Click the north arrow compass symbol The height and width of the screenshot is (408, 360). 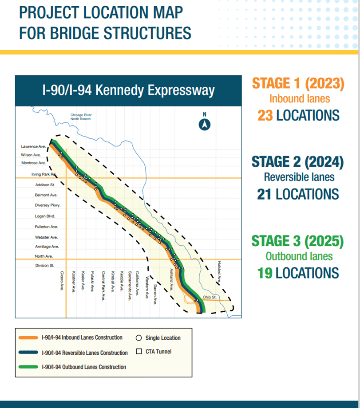(x=205, y=125)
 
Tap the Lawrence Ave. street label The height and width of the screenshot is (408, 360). (x=33, y=146)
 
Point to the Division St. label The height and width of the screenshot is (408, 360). (x=44, y=265)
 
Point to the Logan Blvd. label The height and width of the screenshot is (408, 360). (x=44, y=216)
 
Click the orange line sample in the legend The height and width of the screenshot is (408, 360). (x=28, y=338)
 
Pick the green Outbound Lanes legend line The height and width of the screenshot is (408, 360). (x=28, y=367)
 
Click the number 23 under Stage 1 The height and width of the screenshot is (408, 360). (x=265, y=115)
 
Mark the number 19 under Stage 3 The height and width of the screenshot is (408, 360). (x=265, y=272)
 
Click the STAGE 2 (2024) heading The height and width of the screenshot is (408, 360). (x=297, y=162)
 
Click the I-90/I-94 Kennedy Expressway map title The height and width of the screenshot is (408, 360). (x=128, y=90)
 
